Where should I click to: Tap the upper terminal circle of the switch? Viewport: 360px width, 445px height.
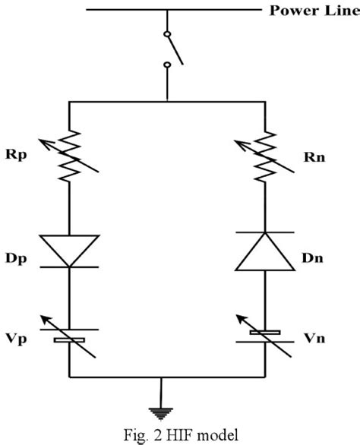[x=167, y=33]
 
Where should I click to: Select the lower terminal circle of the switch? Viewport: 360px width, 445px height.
[x=167, y=66]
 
